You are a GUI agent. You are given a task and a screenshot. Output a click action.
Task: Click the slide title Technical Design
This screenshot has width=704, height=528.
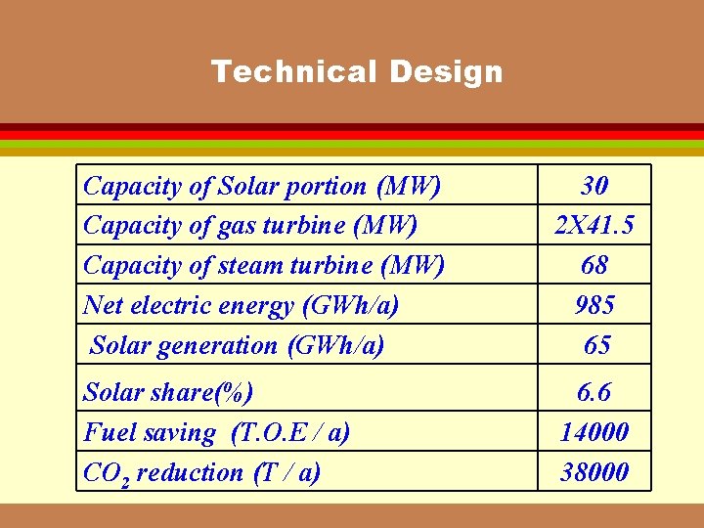(357, 71)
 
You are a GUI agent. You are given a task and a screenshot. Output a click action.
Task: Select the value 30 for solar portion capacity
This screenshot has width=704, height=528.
(594, 185)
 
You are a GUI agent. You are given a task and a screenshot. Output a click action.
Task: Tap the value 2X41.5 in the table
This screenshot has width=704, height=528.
(594, 225)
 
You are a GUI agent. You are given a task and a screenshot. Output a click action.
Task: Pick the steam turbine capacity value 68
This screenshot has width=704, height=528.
(594, 265)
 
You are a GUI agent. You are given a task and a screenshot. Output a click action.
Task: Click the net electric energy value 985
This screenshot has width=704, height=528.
(594, 305)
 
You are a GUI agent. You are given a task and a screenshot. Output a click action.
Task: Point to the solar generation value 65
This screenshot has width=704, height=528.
(594, 345)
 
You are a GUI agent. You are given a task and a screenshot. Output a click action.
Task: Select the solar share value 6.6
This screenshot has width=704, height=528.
(594, 392)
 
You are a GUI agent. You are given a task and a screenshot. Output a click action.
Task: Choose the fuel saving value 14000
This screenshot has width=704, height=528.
(594, 432)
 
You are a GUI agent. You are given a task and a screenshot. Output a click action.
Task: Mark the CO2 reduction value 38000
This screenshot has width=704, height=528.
(594, 472)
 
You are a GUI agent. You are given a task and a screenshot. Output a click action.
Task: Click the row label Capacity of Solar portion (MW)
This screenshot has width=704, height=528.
(262, 185)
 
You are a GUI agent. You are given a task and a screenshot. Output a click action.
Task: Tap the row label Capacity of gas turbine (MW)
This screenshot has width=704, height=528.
(250, 225)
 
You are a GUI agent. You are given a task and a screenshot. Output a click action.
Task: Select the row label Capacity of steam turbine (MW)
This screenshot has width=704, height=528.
(264, 265)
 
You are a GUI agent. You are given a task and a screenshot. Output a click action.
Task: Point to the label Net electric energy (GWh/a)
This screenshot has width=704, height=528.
(242, 305)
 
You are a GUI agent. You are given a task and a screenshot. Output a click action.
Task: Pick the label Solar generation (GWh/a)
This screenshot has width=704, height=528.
(237, 345)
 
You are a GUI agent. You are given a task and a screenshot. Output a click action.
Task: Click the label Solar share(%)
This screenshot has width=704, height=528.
(168, 392)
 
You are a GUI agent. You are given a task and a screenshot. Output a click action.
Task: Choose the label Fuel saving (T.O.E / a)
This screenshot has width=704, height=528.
(217, 432)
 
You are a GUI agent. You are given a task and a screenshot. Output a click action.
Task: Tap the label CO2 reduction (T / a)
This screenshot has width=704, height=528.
(201, 472)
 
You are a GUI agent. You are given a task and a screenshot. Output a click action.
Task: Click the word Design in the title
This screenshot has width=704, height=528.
(446, 71)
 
